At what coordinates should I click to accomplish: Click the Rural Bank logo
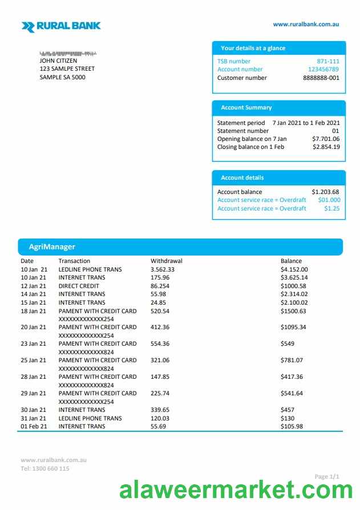(61, 26)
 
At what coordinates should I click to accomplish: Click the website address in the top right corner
(306, 25)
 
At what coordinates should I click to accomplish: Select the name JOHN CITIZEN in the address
(58, 61)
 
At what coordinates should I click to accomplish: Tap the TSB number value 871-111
(328, 61)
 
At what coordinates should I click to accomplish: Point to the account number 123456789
(323, 70)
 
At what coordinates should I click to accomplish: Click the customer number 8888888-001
(321, 78)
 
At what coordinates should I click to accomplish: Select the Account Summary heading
(246, 108)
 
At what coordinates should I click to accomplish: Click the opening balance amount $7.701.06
(326, 139)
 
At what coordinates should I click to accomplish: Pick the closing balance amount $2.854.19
(326, 147)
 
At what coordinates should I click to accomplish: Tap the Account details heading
(242, 178)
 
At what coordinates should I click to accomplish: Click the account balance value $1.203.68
(325, 192)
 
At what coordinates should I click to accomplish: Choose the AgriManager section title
(52, 247)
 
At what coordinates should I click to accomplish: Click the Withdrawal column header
(167, 261)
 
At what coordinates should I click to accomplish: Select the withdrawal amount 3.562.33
(163, 269)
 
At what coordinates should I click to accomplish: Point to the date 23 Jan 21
(34, 343)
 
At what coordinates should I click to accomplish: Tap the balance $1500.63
(293, 311)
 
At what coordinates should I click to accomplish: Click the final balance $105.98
(292, 426)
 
